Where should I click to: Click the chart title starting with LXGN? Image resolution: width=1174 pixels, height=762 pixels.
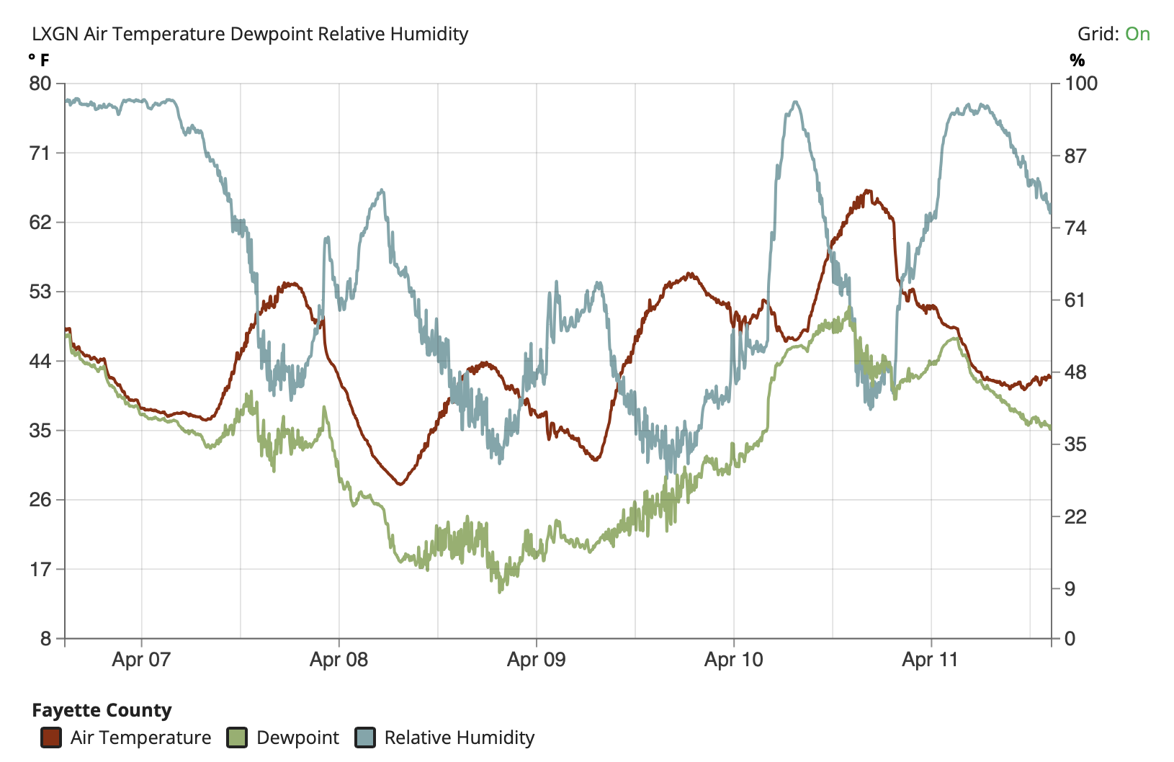[x=250, y=34]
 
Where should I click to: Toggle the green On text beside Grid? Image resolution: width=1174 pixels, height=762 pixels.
[x=1137, y=34]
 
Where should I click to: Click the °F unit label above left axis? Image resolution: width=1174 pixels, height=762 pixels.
[x=39, y=60]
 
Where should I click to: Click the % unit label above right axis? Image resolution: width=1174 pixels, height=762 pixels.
[x=1077, y=60]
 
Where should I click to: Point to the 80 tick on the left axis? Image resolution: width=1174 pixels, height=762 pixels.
[x=40, y=84]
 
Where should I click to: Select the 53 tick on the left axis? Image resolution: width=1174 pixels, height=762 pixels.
[x=40, y=292]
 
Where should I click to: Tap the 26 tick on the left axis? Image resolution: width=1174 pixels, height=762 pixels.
[x=40, y=500]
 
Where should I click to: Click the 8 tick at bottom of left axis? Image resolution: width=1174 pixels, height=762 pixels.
[x=45, y=638]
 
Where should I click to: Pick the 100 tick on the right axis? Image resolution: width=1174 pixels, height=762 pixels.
[x=1081, y=84]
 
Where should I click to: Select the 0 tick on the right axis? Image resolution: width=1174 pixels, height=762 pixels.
[x=1070, y=638]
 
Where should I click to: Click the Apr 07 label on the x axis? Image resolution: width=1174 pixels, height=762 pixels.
[x=141, y=659]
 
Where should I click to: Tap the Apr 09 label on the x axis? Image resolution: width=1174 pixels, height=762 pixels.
[x=536, y=659]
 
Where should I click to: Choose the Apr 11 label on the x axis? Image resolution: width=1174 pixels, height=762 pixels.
[x=931, y=659]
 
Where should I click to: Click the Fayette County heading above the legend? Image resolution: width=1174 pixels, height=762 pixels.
[x=102, y=710]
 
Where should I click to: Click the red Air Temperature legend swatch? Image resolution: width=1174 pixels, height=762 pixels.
[x=51, y=738]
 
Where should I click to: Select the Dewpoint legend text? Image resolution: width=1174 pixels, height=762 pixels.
[x=297, y=738]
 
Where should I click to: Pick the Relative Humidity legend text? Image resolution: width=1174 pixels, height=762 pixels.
[x=459, y=738]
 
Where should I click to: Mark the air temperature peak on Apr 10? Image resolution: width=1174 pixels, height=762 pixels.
[x=867, y=191]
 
